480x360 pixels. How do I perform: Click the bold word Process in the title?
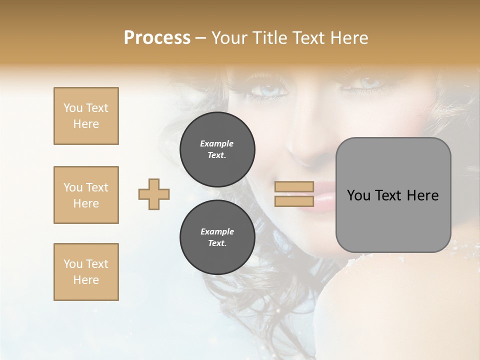click(x=157, y=38)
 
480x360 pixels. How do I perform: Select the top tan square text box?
click(x=86, y=116)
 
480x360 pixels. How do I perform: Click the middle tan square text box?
click(x=86, y=195)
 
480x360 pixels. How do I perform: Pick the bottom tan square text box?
click(x=86, y=272)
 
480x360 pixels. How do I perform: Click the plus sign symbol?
click(x=154, y=194)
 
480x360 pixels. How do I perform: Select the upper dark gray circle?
click(x=217, y=149)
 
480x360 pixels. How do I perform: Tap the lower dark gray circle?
click(x=217, y=237)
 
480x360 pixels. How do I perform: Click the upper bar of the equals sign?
click(x=294, y=187)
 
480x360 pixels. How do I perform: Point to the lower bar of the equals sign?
click(x=294, y=201)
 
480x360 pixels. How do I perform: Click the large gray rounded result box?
click(x=393, y=195)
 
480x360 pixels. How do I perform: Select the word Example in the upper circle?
click(x=217, y=143)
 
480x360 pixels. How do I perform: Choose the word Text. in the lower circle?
click(x=217, y=243)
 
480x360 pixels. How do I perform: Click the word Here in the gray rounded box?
click(x=422, y=195)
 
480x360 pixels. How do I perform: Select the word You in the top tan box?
click(x=72, y=108)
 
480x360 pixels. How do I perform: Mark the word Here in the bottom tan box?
click(x=86, y=280)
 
